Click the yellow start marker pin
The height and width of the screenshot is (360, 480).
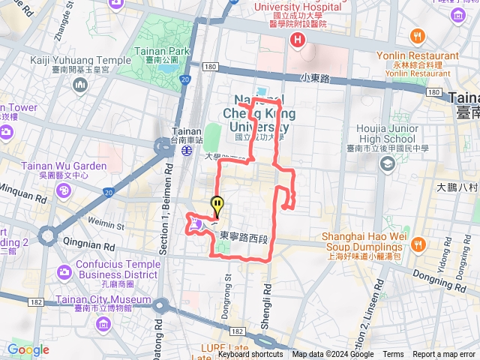click(x=217, y=204)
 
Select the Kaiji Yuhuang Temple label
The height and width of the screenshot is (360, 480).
click(x=81, y=60)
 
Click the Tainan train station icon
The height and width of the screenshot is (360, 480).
click(x=184, y=149)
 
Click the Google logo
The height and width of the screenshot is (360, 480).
click(x=28, y=349)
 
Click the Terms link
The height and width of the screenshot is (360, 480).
click(x=393, y=355)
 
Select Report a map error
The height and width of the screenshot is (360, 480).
click(x=444, y=355)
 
